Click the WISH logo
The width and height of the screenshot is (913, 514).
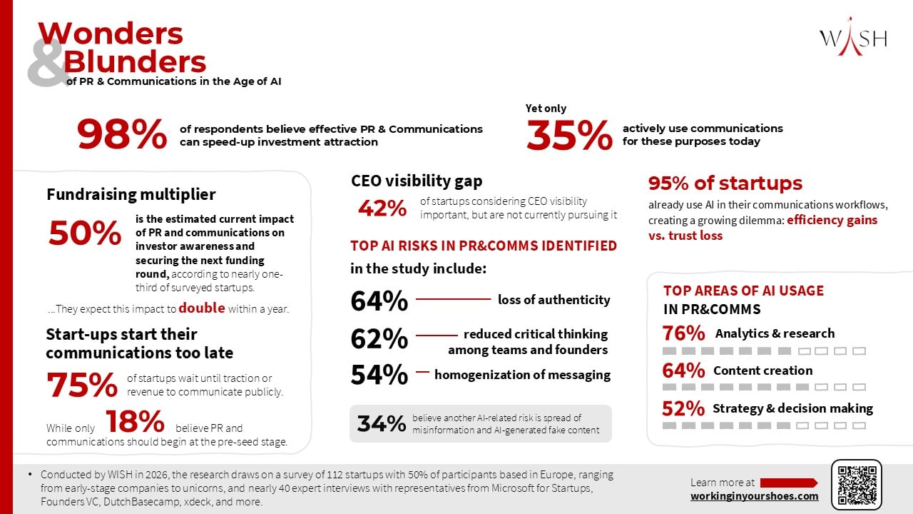click(x=853, y=38)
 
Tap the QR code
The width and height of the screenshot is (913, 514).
click(x=857, y=485)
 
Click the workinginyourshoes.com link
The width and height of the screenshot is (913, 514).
click(x=755, y=496)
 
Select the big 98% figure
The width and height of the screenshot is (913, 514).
click(x=122, y=133)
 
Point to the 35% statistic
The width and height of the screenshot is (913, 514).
click(x=569, y=135)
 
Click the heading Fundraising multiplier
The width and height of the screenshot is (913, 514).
click(x=131, y=194)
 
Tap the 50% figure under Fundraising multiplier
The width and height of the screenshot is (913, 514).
click(x=85, y=233)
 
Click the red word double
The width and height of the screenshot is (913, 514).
click(x=201, y=308)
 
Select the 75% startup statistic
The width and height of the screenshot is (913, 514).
click(x=82, y=384)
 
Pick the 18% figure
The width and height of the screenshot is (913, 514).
click(x=135, y=421)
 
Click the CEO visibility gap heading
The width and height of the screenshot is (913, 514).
click(x=417, y=181)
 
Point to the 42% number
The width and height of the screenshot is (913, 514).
click(x=382, y=208)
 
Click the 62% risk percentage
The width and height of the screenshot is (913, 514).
click(x=379, y=338)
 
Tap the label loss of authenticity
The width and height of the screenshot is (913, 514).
click(x=554, y=300)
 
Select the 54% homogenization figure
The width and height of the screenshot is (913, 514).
click(x=379, y=375)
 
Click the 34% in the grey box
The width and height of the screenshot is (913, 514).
click(x=382, y=423)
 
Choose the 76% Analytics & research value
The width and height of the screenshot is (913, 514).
click(x=683, y=333)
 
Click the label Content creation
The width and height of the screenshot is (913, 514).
click(x=762, y=371)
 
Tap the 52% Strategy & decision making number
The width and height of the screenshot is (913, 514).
click(x=683, y=408)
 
